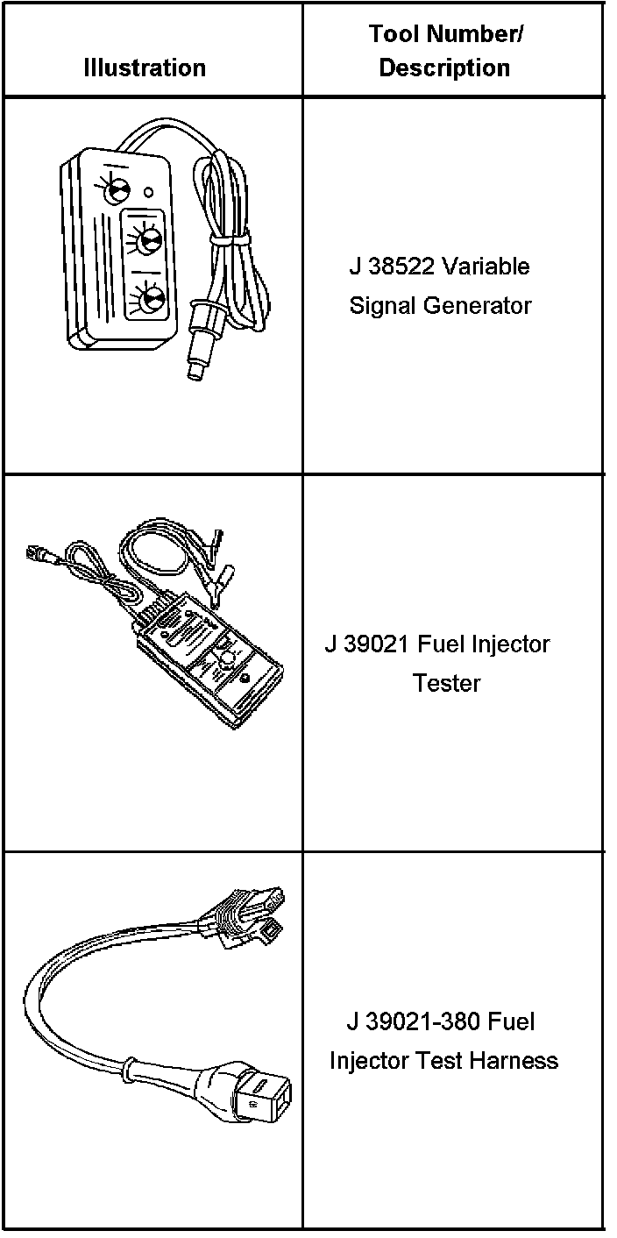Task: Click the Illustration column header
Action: point(145,68)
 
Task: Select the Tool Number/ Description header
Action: point(444,51)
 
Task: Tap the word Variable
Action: point(486,267)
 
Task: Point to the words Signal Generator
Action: point(440,306)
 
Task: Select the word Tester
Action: point(446,683)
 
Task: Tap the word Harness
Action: point(514,1061)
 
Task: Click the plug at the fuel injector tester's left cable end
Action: point(39,553)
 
